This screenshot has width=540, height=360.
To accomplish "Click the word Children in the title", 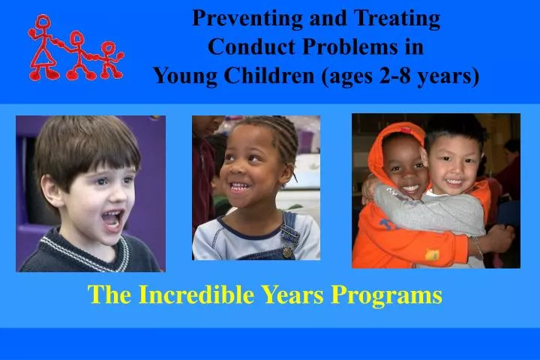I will point(263,76).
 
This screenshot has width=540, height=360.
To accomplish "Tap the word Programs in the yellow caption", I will point(387,295).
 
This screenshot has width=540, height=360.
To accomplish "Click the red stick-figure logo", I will point(74,49).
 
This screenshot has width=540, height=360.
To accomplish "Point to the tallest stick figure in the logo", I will point(43,46).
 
